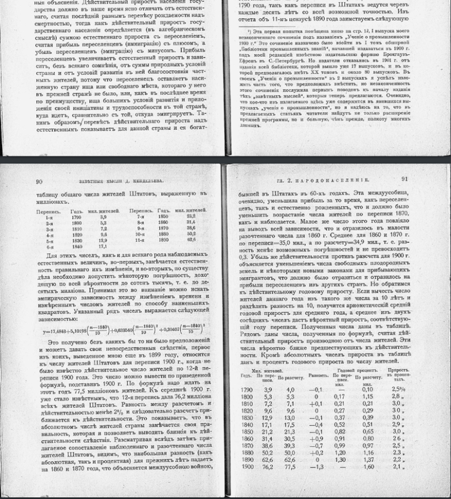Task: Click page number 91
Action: (404, 180)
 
